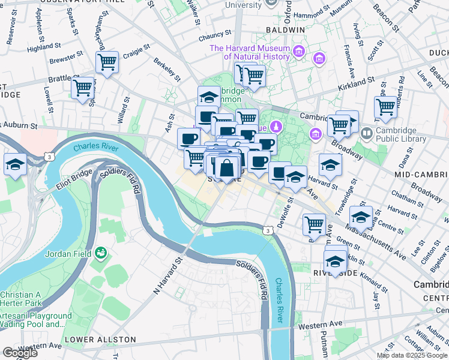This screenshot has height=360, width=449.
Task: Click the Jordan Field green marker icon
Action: click(x=100, y=253)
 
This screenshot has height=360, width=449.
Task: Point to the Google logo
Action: click(x=20, y=353)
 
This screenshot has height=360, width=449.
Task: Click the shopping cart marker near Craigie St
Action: click(x=107, y=61)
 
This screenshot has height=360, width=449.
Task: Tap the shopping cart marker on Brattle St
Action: click(x=82, y=88)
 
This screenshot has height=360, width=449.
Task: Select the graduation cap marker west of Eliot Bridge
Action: click(x=14, y=164)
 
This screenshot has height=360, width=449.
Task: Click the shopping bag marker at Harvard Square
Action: click(x=228, y=167)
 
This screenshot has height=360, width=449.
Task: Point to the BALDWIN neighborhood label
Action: click(x=287, y=29)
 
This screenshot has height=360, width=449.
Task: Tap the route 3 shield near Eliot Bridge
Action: click(x=50, y=157)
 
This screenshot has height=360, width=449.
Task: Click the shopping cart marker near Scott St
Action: click(x=385, y=107)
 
